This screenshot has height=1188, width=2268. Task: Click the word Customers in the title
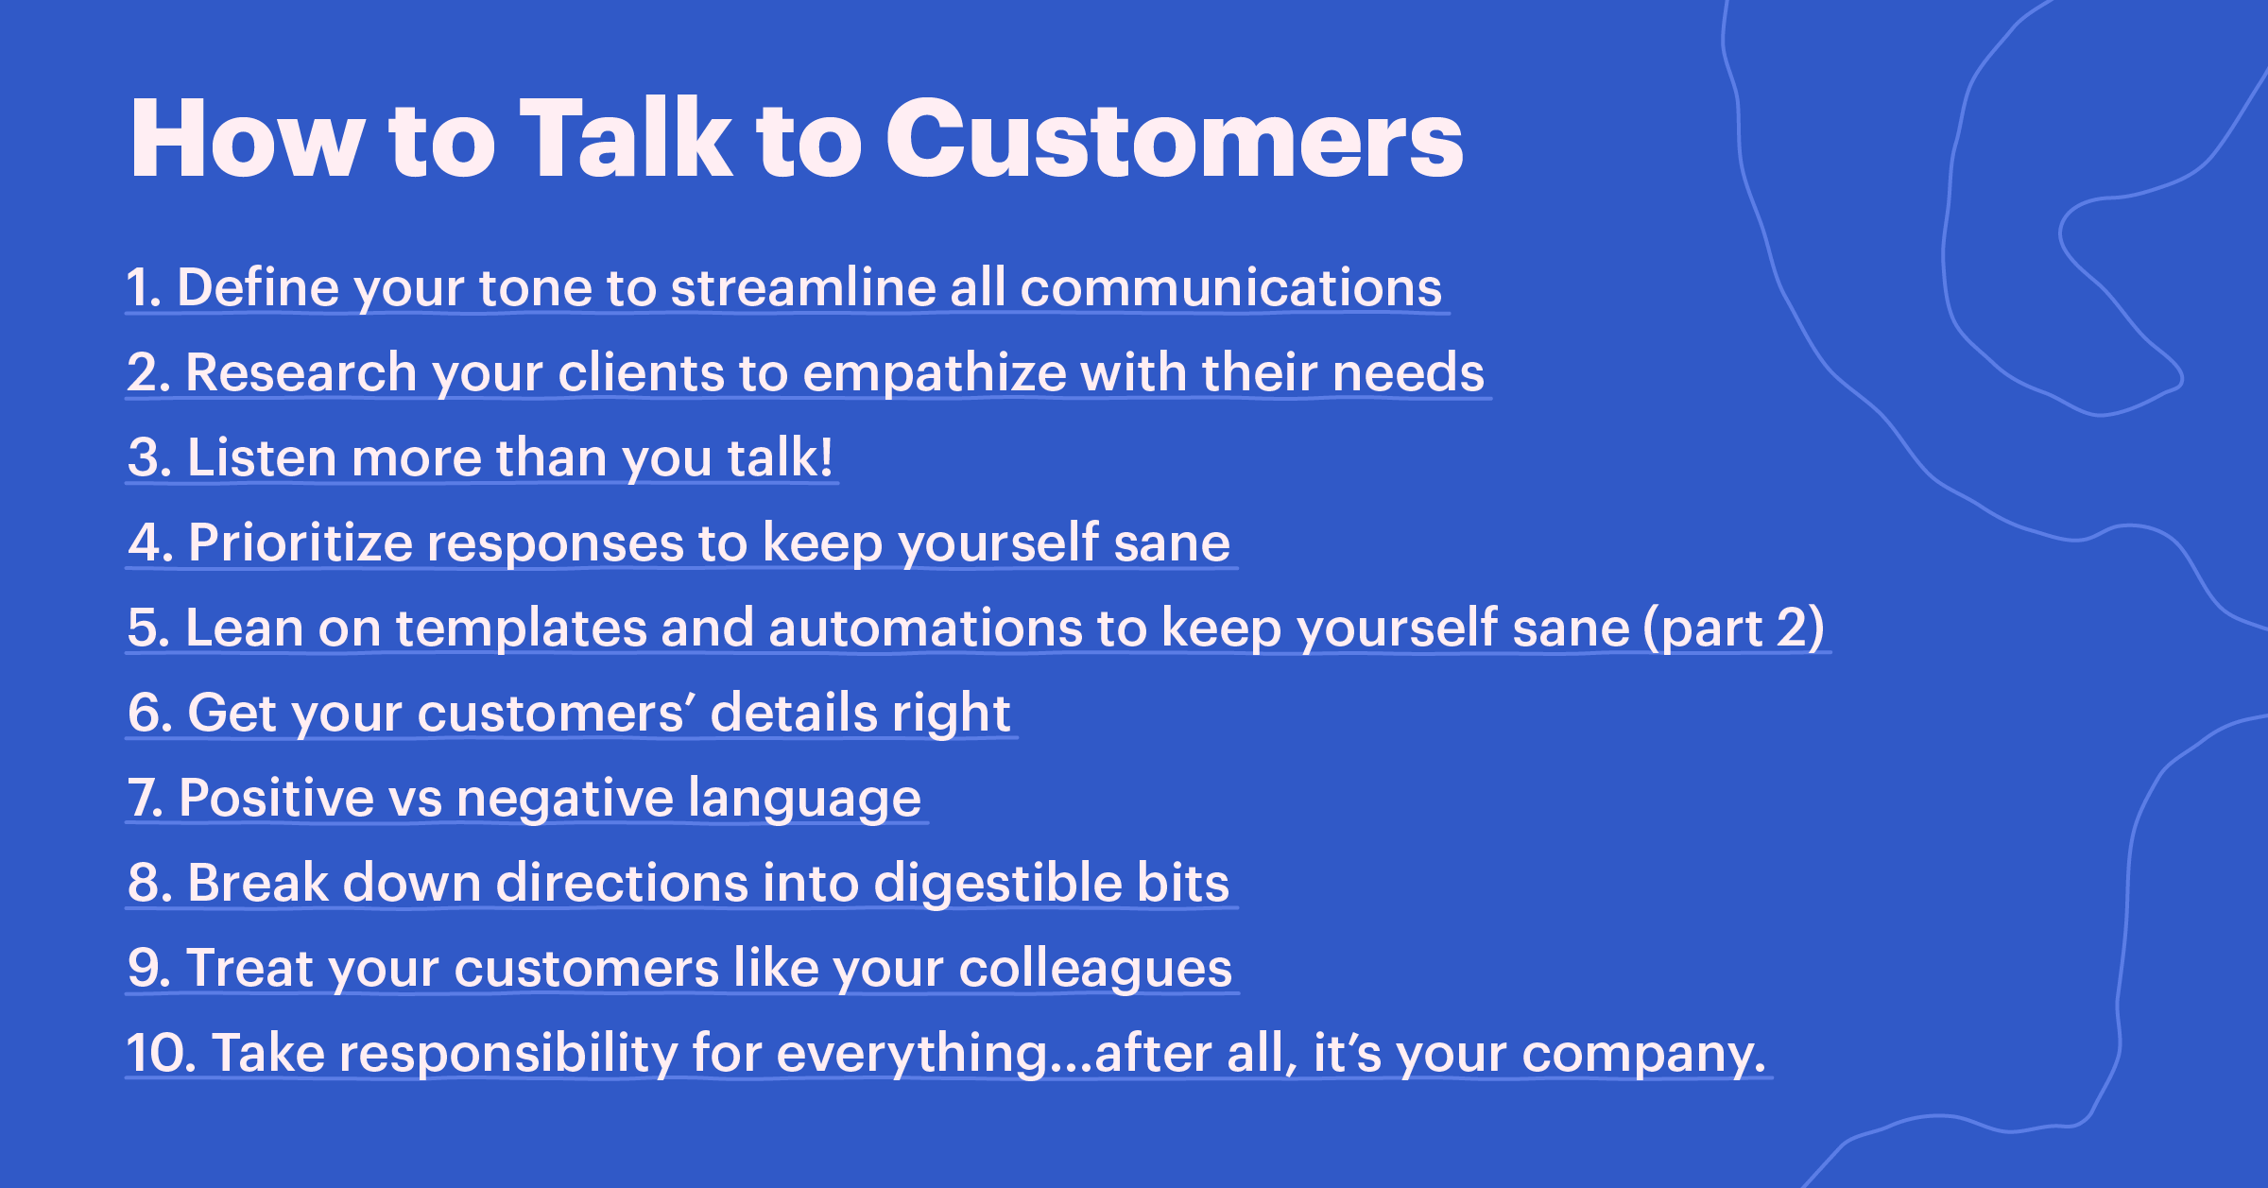coord(1174,140)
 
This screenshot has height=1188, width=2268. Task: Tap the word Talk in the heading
coord(626,140)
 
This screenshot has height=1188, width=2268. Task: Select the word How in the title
coord(248,140)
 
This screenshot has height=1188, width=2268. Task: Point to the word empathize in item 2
coord(934,372)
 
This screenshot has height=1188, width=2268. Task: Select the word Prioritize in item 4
coord(301,542)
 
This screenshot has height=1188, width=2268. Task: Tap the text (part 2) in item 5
coord(1733,628)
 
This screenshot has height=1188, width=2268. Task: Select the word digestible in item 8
coord(997,883)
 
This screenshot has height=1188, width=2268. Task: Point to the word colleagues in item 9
coord(1095,969)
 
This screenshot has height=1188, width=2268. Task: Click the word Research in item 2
coord(301,372)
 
